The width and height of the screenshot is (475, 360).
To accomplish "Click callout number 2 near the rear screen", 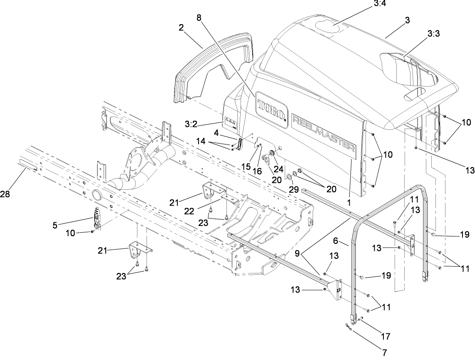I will [x=181, y=28].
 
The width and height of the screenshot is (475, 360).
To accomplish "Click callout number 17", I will [x=386, y=335].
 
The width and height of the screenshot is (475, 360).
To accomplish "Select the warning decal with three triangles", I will [x=230, y=120].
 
